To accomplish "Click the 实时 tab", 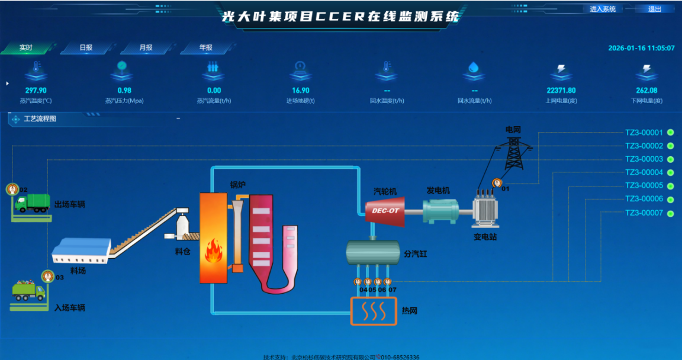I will [26, 48].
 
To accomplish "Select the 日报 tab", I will [86, 48].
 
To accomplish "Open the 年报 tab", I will [205, 48].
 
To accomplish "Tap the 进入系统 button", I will [603, 9].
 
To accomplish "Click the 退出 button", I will [655, 9].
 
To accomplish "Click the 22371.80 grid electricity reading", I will [561, 91].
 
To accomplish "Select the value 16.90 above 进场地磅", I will [301, 91].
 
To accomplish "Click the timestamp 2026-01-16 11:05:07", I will [641, 49].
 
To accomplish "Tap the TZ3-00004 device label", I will [644, 173].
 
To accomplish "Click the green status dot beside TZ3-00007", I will [671, 213].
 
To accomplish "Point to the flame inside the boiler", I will [213, 251].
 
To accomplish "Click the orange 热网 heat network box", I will [374, 310].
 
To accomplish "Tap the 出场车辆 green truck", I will [33, 204].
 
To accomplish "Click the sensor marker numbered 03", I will [48, 276].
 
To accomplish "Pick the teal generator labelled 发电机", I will [440, 210].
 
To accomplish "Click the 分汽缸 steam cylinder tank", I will [372, 252].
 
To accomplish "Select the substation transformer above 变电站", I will [485, 210].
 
